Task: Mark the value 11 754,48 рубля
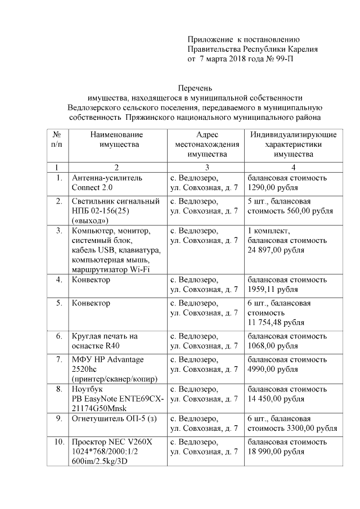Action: tap(276, 323)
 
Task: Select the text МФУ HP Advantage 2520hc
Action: tap(107, 364)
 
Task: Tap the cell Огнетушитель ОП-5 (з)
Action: tap(110, 418)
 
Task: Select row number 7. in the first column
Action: tap(58, 359)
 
